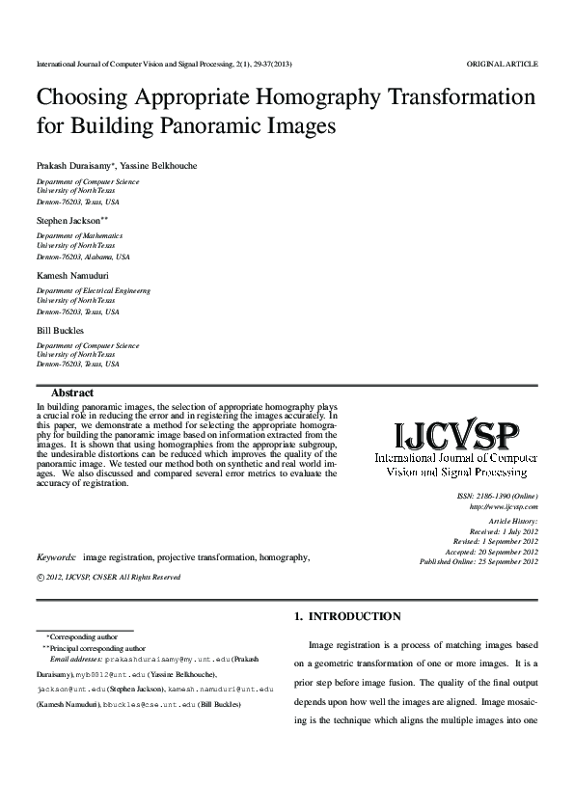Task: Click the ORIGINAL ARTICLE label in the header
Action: [502, 64]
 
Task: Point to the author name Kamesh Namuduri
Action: [72, 275]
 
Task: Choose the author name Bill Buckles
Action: [59, 330]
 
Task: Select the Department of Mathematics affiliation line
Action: [79, 235]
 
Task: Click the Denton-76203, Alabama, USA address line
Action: [83, 257]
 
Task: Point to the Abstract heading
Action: [71, 393]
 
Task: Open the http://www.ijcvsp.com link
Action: [503, 505]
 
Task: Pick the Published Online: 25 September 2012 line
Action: [478, 561]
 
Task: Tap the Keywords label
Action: [57, 557]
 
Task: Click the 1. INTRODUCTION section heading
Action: [346, 616]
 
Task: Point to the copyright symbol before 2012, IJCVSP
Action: [40, 578]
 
